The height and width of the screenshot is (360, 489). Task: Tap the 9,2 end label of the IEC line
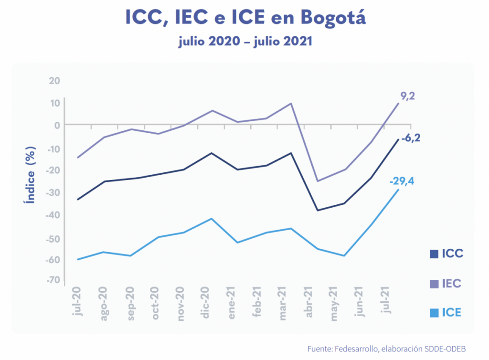(x=407, y=96)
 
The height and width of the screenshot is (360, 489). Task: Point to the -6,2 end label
(x=414, y=139)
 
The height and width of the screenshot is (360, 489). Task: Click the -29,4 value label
(x=401, y=181)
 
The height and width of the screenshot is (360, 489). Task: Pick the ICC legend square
(x=434, y=254)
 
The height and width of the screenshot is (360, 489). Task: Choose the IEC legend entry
(x=446, y=284)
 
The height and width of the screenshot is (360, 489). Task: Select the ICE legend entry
(x=446, y=313)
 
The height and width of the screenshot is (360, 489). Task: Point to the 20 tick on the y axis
(x=54, y=80)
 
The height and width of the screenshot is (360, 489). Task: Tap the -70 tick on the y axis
(x=53, y=280)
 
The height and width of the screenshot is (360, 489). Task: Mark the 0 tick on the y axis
(x=57, y=125)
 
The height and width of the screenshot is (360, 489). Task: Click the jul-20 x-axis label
(x=77, y=301)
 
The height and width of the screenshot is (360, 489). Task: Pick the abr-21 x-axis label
(x=309, y=302)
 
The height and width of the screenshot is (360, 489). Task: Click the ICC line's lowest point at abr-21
(x=317, y=210)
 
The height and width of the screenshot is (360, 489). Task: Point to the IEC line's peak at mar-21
(x=291, y=103)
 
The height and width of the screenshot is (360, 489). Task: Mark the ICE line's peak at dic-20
(x=211, y=219)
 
